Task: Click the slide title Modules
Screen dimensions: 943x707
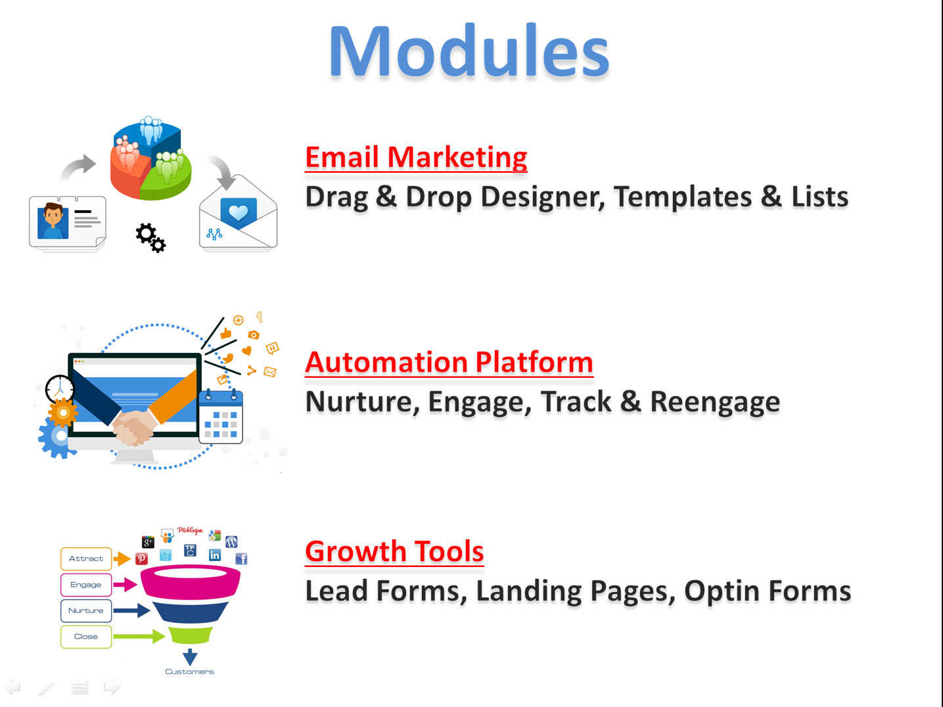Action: click(x=469, y=51)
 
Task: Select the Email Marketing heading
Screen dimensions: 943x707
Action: click(x=416, y=157)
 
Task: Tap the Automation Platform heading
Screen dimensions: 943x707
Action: click(x=449, y=362)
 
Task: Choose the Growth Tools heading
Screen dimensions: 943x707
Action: click(x=394, y=551)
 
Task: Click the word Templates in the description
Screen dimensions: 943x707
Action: click(x=683, y=198)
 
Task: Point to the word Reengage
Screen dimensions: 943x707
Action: click(x=715, y=403)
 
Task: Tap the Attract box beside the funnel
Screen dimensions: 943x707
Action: click(x=86, y=559)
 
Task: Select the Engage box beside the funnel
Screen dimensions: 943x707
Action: click(x=86, y=585)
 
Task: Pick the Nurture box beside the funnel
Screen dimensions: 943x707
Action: click(x=86, y=610)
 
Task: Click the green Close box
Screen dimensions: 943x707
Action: click(x=86, y=637)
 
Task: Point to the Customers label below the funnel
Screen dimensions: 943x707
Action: click(x=189, y=672)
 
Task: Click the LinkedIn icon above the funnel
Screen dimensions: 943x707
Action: click(x=215, y=555)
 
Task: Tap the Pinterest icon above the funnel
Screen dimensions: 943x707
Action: click(x=142, y=559)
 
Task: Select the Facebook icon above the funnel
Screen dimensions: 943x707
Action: click(x=241, y=559)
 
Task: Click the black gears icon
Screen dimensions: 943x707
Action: click(x=150, y=237)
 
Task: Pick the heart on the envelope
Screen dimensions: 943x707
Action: click(x=239, y=212)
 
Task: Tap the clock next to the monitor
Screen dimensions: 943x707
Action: click(x=60, y=390)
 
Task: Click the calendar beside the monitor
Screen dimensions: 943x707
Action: click(x=221, y=416)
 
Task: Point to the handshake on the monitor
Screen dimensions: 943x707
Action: click(x=134, y=428)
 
